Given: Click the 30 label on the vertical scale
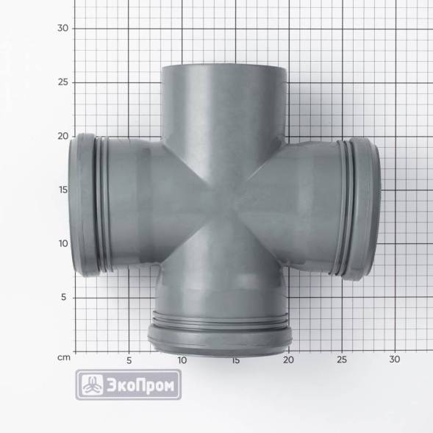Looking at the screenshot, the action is click(62, 28).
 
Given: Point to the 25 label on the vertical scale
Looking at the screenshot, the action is click(62, 82).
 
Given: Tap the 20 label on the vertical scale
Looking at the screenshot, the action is click(62, 136).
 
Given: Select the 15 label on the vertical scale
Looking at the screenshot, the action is click(63, 190).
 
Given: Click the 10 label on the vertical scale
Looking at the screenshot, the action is click(63, 243).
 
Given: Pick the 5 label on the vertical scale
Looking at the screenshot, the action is click(64, 297).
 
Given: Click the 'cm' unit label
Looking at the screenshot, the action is click(64, 357).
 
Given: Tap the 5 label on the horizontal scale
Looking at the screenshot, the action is click(129, 361).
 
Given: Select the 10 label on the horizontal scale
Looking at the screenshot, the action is click(182, 360).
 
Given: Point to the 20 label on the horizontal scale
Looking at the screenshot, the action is click(288, 359).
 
